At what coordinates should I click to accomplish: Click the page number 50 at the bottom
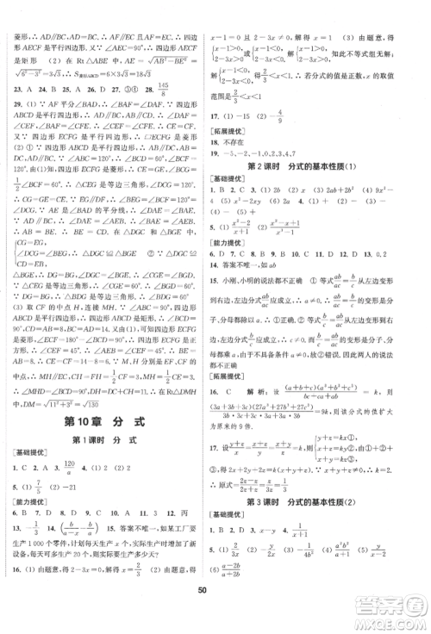215,611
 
